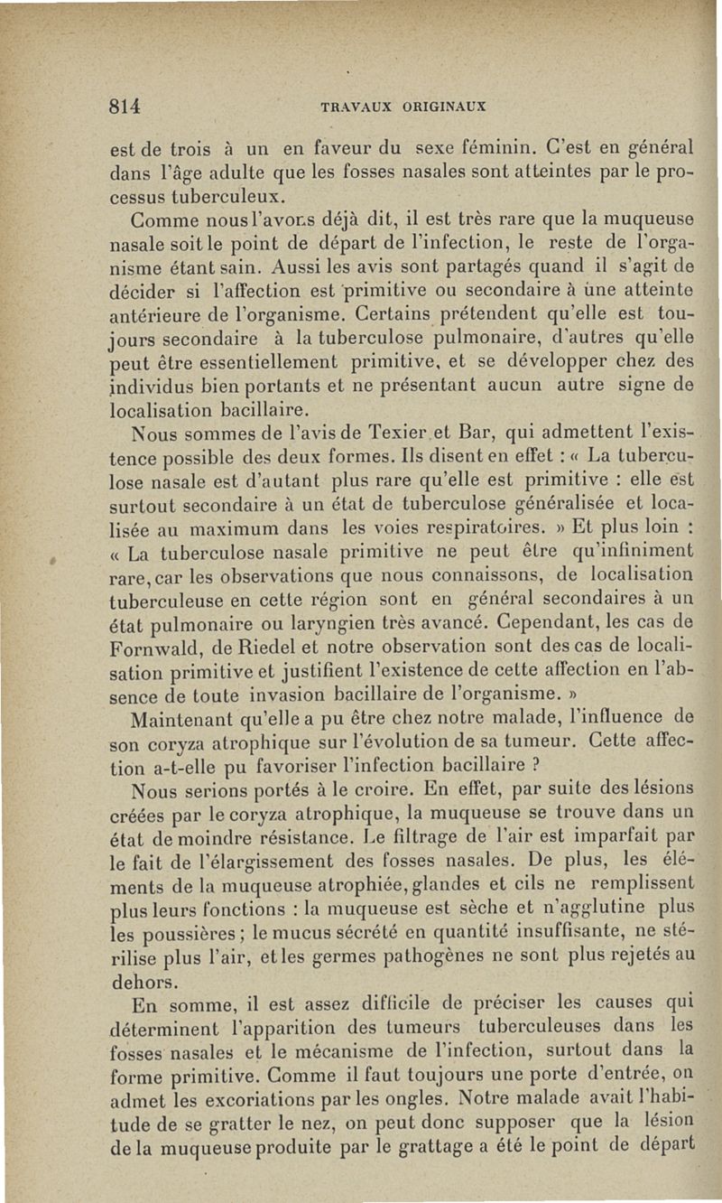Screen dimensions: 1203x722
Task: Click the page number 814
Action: tap(125, 106)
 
